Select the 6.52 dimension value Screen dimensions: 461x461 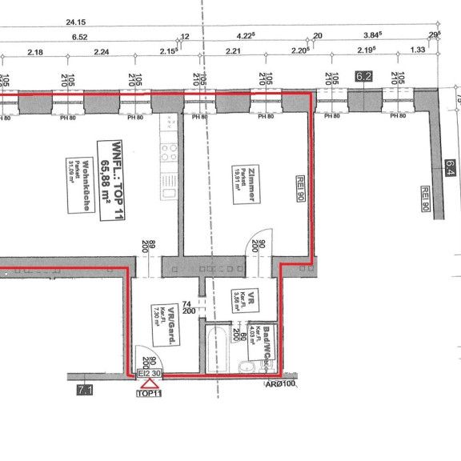pyautogui.click(x=80, y=38)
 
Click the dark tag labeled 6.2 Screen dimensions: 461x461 pyautogui.click(x=364, y=77)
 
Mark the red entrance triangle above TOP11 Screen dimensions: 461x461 pyautogui.click(x=148, y=385)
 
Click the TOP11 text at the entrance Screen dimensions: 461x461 pyautogui.click(x=149, y=395)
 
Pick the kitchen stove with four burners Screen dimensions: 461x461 pyautogui.click(x=170, y=150)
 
